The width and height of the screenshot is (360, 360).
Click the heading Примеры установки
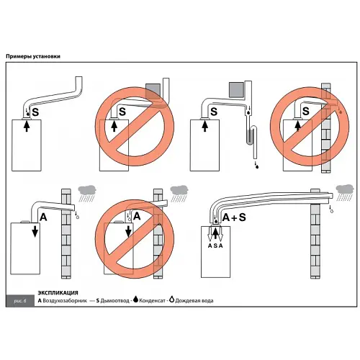click(33, 56)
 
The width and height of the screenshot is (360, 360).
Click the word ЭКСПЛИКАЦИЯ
click(58, 293)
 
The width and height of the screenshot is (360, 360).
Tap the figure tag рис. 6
click(20, 301)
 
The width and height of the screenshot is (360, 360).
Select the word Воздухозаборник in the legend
click(65, 300)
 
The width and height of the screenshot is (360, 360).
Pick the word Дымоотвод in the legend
click(114, 300)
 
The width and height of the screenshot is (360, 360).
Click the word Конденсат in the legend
click(152, 300)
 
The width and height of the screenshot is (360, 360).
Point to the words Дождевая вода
click(194, 300)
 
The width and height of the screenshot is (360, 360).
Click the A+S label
click(234, 217)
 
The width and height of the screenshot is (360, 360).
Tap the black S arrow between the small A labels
click(215, 233)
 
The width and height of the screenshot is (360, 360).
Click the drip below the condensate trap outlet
click(257, 166)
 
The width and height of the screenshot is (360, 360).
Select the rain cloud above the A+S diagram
click(345, 189)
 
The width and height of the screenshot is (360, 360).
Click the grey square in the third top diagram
click(236, 90)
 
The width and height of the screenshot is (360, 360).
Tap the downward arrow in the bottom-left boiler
click(35, 231)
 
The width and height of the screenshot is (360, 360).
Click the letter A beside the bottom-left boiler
click(43, 217)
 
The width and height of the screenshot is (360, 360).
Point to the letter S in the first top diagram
click(35, 112)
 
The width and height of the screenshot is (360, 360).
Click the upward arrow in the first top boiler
click(27, 125)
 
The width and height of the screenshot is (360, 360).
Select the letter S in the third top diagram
click(214, 112)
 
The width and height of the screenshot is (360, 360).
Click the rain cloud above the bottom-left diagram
click(87, 191)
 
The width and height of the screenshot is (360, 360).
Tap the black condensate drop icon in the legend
click(135, 299)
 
